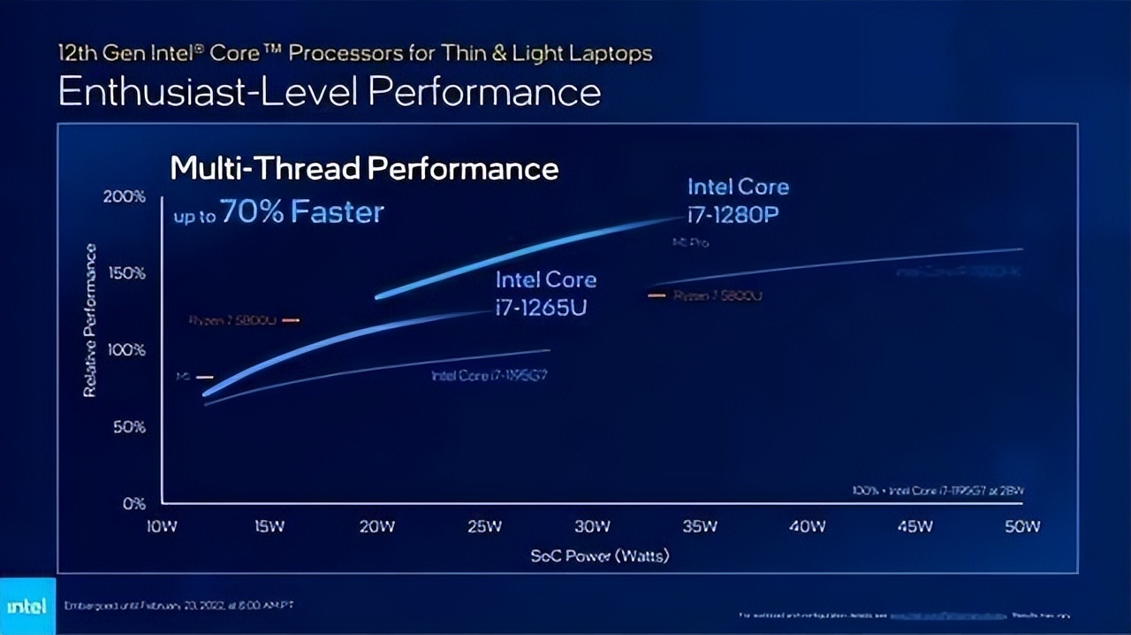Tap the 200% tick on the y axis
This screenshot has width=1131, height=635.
point(124,196)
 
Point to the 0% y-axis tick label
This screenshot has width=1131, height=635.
point(133,503)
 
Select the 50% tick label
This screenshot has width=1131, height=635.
point(128,427)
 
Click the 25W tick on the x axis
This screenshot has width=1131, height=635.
point(484,527)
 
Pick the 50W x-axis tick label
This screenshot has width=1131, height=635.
point(1022,527)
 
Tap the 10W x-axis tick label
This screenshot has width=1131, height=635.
point(162,527)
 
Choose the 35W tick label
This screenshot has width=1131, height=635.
point(700,527)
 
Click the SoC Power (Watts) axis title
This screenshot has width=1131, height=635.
point(600,556)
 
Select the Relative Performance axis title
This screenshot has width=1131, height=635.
point(89,320)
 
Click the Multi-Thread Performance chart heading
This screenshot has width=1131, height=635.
point(364,168)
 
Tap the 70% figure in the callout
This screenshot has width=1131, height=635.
point(255,212)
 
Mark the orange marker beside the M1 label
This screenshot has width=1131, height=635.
point(205,377)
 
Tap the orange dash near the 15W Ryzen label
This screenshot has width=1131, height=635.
point(291,320)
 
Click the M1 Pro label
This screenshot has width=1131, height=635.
point(691,242)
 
